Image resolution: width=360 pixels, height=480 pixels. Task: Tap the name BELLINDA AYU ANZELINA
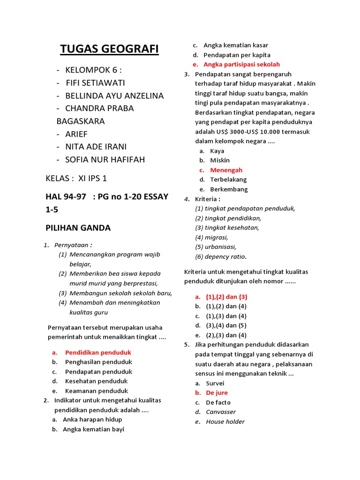pos(114,96)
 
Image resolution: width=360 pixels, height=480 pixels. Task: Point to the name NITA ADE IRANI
pos(103,147)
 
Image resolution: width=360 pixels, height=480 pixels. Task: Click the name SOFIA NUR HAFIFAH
pos(105,159)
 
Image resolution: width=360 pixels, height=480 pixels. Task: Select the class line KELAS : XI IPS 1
pos(76,179)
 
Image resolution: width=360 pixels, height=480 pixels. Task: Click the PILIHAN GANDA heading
pos(78,228)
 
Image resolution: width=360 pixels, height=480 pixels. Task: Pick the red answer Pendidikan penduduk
pos(98,352)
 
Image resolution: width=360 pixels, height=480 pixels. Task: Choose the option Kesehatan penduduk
pos(96,381)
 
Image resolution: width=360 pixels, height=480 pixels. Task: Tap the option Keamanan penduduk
pos(97,391)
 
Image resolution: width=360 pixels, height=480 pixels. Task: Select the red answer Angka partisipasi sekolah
pos(241,64)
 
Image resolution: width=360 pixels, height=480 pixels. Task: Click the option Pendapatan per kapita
pos(237,55)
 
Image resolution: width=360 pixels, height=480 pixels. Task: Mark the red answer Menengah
pos(226,170)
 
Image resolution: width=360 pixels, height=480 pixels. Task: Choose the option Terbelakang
pos(228,180)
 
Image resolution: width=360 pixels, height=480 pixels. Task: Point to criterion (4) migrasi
pos(212,238)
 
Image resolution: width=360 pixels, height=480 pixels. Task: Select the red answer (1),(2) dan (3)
pos(226,297)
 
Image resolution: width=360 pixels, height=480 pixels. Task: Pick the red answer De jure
pos(217,393)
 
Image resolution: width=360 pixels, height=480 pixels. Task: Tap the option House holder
pos(225,422)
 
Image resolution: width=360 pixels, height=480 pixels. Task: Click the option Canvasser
pos(221,412)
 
